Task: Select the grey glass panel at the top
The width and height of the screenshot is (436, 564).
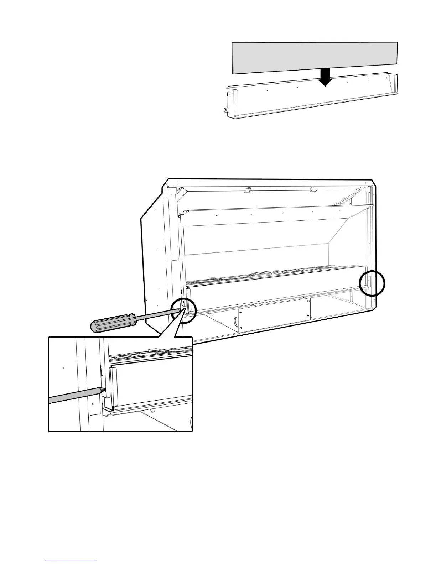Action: coord(314,57)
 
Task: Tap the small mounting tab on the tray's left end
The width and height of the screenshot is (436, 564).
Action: coord(225,110)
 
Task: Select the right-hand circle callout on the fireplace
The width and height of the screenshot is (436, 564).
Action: coord(372,283)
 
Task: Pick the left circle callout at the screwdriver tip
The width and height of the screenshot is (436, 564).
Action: coord(183,310)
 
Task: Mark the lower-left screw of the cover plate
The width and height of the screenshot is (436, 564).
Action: coord(241,328)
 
